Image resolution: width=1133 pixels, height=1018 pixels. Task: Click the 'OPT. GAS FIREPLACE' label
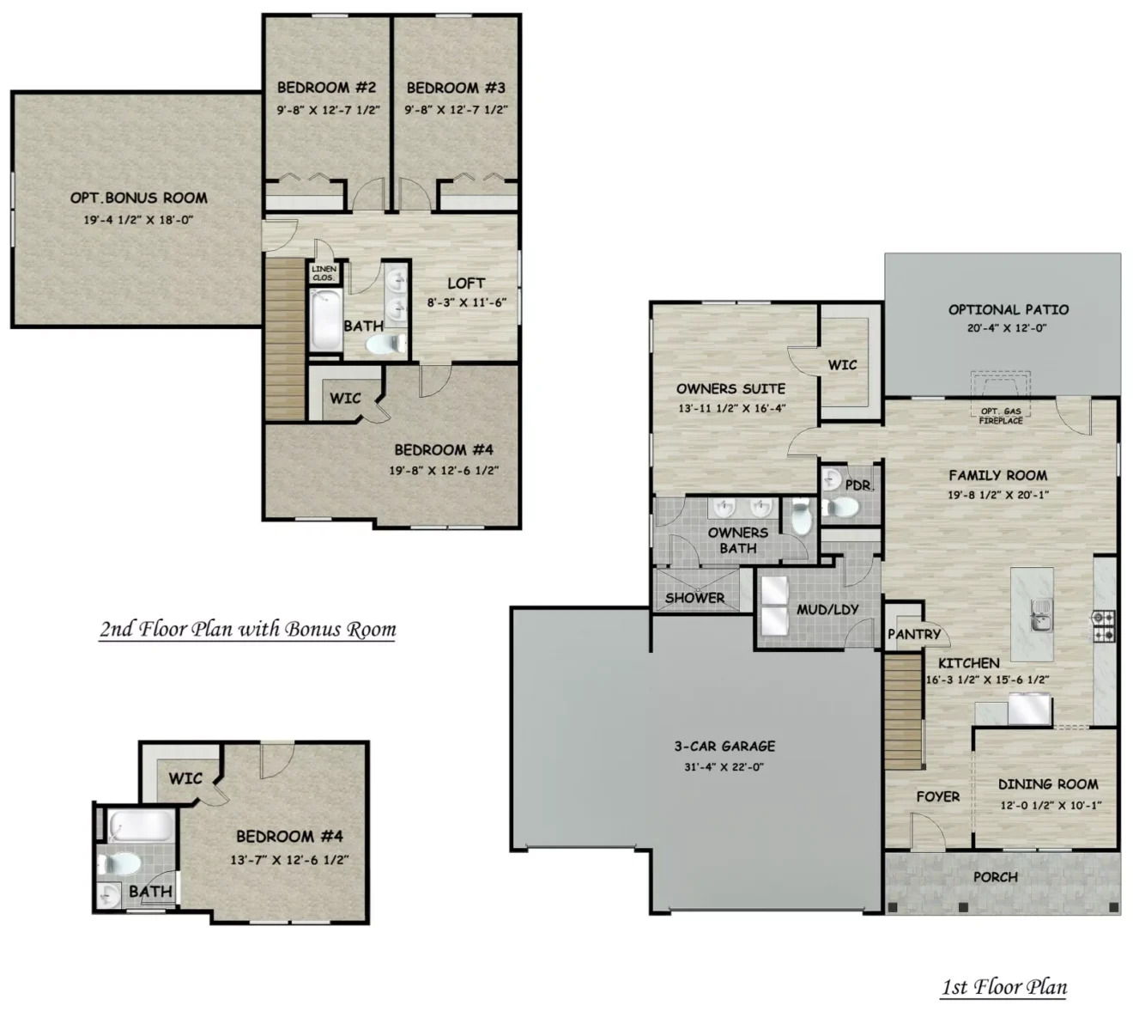click(1001, 416)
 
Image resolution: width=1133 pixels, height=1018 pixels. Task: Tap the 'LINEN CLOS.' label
click(324, 273)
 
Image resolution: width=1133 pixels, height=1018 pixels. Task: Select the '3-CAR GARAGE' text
click(724, 746)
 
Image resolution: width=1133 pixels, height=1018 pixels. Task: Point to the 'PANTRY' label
click(914, 634)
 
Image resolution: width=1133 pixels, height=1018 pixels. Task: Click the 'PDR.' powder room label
click(859, 485)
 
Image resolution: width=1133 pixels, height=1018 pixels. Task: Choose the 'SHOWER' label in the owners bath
click(694, 598)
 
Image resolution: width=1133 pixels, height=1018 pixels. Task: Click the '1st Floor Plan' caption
click(1004, 987)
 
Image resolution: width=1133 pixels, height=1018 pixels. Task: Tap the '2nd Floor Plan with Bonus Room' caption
click(248, 629)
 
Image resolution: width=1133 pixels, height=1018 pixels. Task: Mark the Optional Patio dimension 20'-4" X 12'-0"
click(1007, 328)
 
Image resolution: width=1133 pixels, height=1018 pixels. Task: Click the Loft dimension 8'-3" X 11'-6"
click(467, 302)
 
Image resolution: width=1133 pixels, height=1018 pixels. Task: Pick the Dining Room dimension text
click(1051, 805)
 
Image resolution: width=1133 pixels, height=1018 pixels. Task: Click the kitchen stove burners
click(1104, 625)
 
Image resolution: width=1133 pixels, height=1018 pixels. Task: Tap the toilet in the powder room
click(842, 508)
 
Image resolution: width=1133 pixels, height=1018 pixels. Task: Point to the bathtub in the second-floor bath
click(325, 320)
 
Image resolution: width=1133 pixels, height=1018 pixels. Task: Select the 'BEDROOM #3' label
click(456, 88)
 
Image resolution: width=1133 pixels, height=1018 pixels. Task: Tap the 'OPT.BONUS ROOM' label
click(139, 198)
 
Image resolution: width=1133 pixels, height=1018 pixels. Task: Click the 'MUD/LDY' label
click(827, 609)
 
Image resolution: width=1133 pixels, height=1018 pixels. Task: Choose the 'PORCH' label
click(996, 877)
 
